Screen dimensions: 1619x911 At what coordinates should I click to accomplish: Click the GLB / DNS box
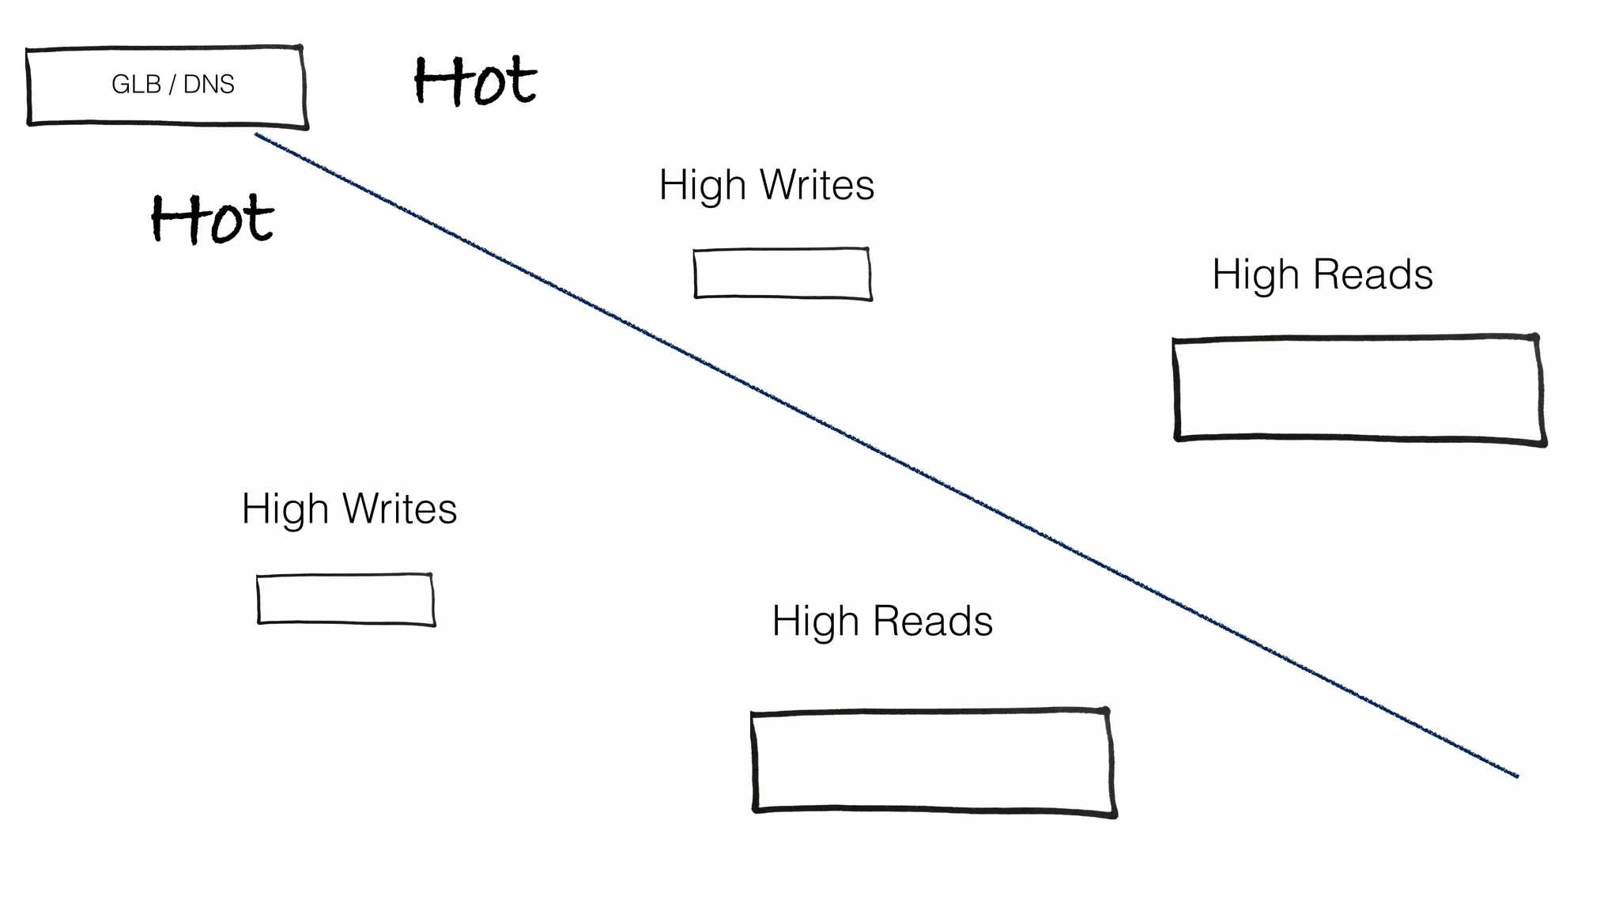[x=166, y=85]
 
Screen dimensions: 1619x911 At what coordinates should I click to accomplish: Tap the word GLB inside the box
[x=136, y=84]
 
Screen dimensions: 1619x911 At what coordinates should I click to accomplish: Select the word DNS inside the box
[x=209, y=84]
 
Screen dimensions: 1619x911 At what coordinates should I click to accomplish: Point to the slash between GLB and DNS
[x=172, y=84]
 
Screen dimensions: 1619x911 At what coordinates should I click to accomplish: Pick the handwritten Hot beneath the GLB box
[x=212, y=218]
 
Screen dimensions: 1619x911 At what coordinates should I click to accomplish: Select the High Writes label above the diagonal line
[x=766, y=185]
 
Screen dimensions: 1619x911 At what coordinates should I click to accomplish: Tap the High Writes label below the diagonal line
[x=349, y=508]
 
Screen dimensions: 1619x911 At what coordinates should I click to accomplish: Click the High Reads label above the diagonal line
[x=1322, y=274]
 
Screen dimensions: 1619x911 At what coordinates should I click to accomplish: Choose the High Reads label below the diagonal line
[x=881, y=621]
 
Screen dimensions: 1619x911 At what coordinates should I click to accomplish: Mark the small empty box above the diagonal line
[x=782, y=274]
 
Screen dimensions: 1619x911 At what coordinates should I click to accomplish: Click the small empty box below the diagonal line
[x=345, y=599]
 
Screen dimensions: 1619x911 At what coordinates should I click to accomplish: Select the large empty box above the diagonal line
[x=1358, y=389]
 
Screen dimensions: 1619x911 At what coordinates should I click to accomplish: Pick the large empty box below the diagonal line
[x=933, y=761]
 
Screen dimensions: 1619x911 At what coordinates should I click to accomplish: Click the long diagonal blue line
[x=885, y=455]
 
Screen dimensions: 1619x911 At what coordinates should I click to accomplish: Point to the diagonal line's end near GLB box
[x=258, y=136]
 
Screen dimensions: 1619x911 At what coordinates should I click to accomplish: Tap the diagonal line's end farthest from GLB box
[x=1515, y=775]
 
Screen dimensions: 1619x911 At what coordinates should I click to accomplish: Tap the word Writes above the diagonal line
[x=817, y=185]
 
